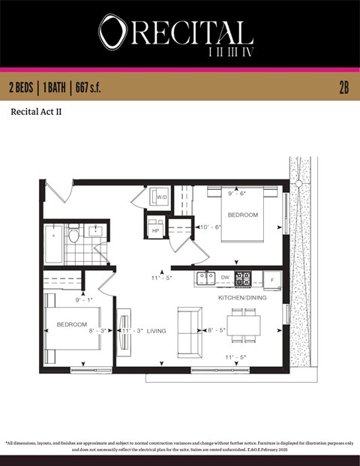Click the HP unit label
155,230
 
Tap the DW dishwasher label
225,278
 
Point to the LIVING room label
157,329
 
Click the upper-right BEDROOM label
242,215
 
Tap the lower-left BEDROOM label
72,325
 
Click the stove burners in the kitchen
243,278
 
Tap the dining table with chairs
244,325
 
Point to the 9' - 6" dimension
238,194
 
